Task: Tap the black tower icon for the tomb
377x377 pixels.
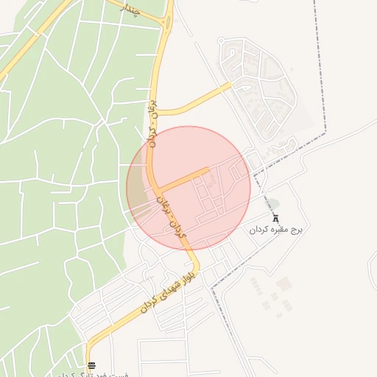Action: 276,218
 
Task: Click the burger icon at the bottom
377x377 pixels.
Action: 91,365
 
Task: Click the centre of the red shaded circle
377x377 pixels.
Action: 188,188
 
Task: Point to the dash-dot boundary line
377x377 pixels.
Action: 324,74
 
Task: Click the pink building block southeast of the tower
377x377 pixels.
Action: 284,283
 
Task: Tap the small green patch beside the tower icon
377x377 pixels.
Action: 272,204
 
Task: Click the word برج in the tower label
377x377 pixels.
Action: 297,230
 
